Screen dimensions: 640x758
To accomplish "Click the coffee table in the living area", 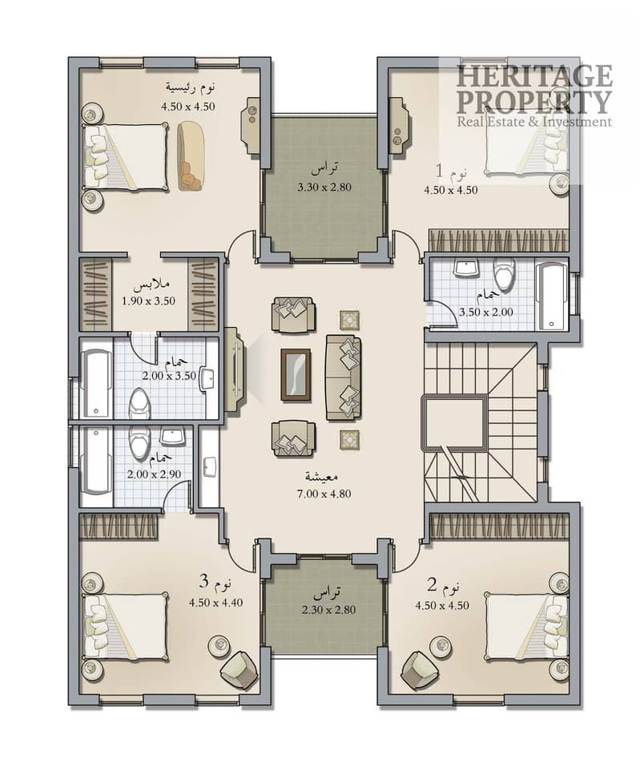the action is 296,375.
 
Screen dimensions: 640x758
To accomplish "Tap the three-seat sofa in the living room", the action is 343,377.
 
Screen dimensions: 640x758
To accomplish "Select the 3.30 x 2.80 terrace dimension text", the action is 324,187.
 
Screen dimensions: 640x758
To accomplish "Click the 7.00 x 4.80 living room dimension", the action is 324,494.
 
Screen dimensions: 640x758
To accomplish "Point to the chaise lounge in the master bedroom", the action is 191,155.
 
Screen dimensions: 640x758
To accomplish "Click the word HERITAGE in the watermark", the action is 534,76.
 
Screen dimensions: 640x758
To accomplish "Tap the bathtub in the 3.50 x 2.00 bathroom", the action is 551,296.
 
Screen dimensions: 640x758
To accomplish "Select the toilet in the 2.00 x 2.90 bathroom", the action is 139,443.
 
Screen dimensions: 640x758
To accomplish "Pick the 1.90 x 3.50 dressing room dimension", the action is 148,300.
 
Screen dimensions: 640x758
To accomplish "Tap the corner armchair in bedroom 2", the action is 421,671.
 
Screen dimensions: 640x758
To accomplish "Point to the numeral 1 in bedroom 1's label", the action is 440,171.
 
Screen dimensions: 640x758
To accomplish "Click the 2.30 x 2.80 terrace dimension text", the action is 328,610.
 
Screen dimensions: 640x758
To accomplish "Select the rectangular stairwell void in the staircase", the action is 455,423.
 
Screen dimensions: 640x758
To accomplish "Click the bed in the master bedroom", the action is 126,156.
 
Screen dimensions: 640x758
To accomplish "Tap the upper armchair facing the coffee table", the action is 293,315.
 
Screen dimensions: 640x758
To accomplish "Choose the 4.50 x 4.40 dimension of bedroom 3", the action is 215,603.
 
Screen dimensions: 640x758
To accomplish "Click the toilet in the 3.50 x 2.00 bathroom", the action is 504,273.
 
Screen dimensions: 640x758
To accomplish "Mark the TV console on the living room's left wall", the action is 235,371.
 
